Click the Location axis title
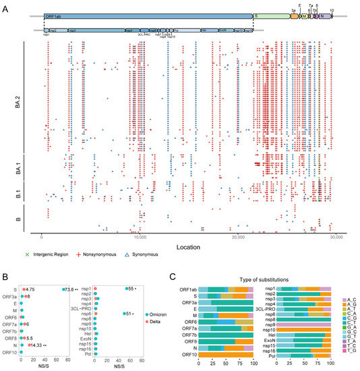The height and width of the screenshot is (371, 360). [188, 248]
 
